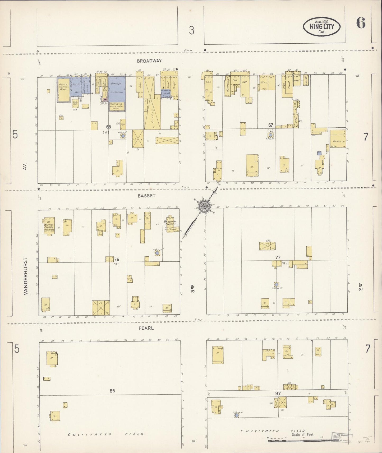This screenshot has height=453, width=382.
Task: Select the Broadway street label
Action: (149, 61)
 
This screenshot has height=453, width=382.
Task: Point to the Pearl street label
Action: (146, 328)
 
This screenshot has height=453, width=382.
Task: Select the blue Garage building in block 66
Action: (116, 89)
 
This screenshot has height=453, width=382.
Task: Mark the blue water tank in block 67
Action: (270, 135)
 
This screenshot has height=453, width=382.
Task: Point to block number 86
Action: (112, 391)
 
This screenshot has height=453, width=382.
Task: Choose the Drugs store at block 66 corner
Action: (174, 86)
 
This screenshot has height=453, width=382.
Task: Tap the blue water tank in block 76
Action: (157, 253)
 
